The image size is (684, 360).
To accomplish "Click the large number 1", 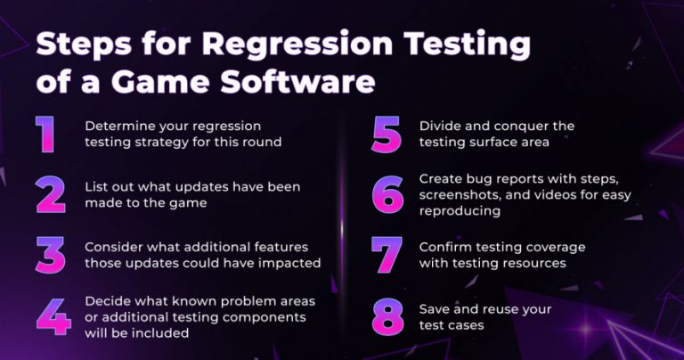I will [45, 133].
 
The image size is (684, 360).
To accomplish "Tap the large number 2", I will [51, 193].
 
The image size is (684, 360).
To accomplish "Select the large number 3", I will [51, 254].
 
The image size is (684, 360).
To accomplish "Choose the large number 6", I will [387, 193].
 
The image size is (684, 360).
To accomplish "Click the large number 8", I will [387, 317].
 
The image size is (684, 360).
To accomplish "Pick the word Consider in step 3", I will [113, 247].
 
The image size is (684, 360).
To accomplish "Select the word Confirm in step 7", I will [445, 247].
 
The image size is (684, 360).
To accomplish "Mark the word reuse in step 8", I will [504, 309].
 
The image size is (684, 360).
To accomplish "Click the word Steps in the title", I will [77, 45].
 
